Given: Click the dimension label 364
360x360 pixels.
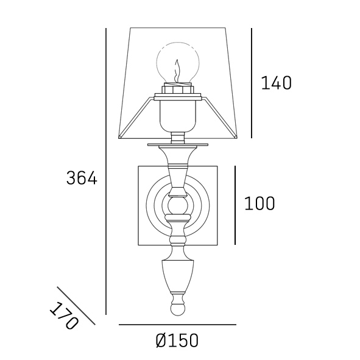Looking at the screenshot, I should point(82,178).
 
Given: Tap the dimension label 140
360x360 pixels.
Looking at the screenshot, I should point(276,83).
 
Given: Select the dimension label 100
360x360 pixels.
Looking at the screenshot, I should point(259,203).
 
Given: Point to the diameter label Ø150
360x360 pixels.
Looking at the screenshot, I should point(177,341).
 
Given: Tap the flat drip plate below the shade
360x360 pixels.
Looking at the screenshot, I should point(177,144).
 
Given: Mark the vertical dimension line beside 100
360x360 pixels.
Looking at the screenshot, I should point(235,204).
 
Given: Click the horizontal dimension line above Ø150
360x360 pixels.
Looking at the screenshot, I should point(177,325).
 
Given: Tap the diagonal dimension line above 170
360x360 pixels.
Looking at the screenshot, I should point(76,306).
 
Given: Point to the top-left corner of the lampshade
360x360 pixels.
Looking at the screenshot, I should point(131,28).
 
